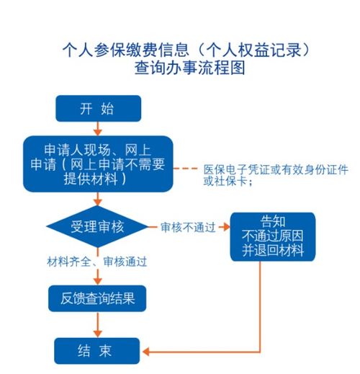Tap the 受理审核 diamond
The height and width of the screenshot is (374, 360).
coord(98,227)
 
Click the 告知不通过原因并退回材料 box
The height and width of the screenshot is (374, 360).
coord(273,236)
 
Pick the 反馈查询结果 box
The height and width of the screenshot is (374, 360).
coord(97,297)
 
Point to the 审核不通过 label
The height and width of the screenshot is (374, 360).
coord(189,227)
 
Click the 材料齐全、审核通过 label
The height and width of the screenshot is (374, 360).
coord(96,262)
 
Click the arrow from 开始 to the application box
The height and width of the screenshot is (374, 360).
coord(98,129)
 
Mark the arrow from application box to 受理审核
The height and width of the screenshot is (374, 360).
coord(98,200)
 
